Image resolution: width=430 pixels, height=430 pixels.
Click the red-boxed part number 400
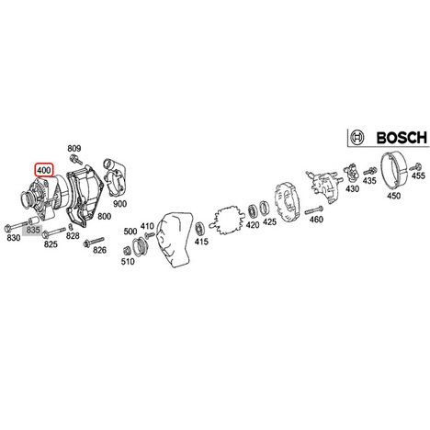point(44,170)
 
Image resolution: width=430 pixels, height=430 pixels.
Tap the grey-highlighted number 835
point(33,230)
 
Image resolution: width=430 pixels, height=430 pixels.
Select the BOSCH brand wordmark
point(402,138)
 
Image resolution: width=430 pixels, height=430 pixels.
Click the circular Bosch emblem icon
point(356,137)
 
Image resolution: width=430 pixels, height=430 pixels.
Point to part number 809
point(74,148)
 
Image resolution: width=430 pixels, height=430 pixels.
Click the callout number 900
point(119,204)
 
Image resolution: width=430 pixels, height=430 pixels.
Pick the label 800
point(104,216)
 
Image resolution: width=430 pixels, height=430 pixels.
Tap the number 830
point(14,237)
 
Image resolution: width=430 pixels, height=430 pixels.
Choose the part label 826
point(99,250)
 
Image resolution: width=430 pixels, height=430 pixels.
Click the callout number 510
point(128,261)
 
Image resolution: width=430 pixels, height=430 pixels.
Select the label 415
point(201,242)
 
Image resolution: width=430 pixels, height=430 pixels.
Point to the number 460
point(316,220)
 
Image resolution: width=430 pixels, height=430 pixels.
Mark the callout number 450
point(393,196)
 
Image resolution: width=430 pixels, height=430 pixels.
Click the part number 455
point(418,175)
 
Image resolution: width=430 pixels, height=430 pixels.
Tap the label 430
point(352,188)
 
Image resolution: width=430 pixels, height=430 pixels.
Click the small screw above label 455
point(416,167)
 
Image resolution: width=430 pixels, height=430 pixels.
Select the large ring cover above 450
point(394,171)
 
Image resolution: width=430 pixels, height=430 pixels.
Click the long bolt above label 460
point(313,210)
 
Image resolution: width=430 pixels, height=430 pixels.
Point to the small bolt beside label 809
point(75,159)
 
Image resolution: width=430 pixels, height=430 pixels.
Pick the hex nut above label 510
point(126,251)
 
